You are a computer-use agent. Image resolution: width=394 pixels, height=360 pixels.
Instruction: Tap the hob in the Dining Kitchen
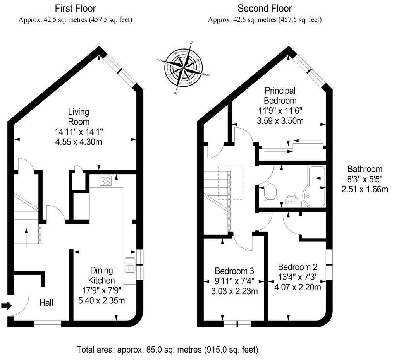106,180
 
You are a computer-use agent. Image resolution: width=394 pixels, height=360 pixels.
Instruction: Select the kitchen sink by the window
129,265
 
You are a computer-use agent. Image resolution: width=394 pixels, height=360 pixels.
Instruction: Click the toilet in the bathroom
270,192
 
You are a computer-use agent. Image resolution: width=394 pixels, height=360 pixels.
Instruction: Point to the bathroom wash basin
291,200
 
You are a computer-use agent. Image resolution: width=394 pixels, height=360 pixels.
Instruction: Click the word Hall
46,303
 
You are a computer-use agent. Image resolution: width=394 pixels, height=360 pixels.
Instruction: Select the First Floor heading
75,8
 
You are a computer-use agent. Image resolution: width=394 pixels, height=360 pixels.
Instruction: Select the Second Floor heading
265,8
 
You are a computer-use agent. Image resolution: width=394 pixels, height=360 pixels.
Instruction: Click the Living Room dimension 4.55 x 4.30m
79,142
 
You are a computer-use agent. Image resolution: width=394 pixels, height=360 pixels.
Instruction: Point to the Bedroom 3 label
234,271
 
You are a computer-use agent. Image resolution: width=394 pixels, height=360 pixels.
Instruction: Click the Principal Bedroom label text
280,95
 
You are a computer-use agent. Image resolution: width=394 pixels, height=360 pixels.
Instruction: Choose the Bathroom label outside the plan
365,169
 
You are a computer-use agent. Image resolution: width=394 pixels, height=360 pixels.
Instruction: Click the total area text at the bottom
167,350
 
